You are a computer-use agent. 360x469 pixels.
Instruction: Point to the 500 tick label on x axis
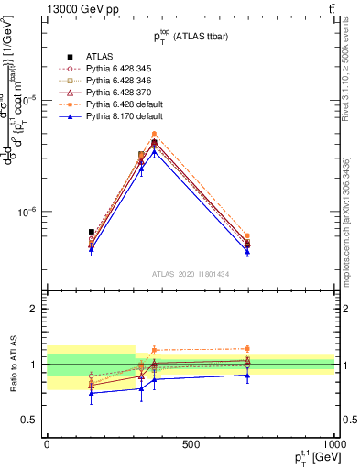tap(191, 443)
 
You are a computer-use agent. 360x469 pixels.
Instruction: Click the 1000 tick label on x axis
tap(333, 443)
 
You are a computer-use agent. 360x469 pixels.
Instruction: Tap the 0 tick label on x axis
tap(47, 443)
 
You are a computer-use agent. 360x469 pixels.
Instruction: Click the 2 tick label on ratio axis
tap(34, 309)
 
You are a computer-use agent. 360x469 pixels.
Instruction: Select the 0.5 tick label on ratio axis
tap(29, 420)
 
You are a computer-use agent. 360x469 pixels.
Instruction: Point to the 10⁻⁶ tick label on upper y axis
tap(27, 212)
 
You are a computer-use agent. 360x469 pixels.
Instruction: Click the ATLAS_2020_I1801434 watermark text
tap(190, 274)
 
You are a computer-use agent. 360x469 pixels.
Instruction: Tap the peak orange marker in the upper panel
tap(154, 134)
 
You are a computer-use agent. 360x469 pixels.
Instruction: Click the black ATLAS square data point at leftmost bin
tap(91, 232)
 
